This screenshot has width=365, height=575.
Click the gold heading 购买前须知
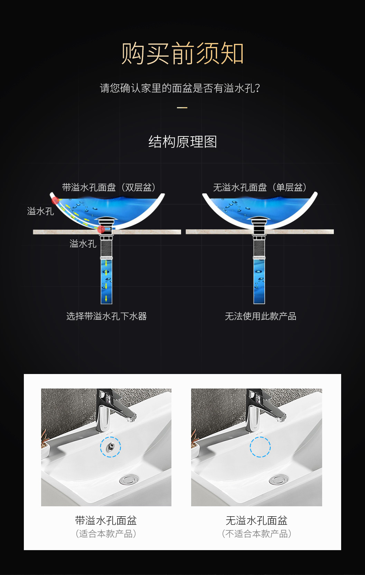pyautogui.click(x=182, y=54)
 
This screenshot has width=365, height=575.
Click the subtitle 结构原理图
pyautogui.click(x=182, y=142)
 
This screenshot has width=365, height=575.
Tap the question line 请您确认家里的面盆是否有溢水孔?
pyautogui.click(x=180, y=88)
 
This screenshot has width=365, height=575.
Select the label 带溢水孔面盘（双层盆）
pyautogui.click(x=109, y=188)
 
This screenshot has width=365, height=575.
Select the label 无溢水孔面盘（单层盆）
pyautogui.click(x=260, y=188)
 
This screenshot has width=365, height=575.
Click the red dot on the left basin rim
pyautogui.click(x=55, y=200)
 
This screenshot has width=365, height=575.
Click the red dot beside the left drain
pyautogui.click(x=101, y=229)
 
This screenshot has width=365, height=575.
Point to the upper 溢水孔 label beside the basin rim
pyautogui.click(x=40, y=211)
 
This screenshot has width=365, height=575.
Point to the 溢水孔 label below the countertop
pyautogui.click(x=83, y=244)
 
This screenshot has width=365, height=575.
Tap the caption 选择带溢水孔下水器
pyautogui.click(x=106, y=316)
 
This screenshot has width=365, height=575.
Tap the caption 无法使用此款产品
pyautogui.click(x=261, y=316)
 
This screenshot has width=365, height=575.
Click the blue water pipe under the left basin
pyautogui.click(x=106, y=281)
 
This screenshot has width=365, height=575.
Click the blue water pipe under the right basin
pyautogui.click(x=259, y=281)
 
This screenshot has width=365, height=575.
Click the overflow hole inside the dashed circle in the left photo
pyautogui.click(x=111, y=447)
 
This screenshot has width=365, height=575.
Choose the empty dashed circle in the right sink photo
pyautogui.click(x=260, y=447)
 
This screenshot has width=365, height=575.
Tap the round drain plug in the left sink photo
pyautogui.click(x=129, y=479)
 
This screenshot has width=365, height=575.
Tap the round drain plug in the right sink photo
pyautogui.click(x=279, y=479)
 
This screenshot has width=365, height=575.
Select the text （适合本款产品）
pyautogui.click(x=106, y=534)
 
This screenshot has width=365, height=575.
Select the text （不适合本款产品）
pyautogui.click(x=256, y=534)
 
